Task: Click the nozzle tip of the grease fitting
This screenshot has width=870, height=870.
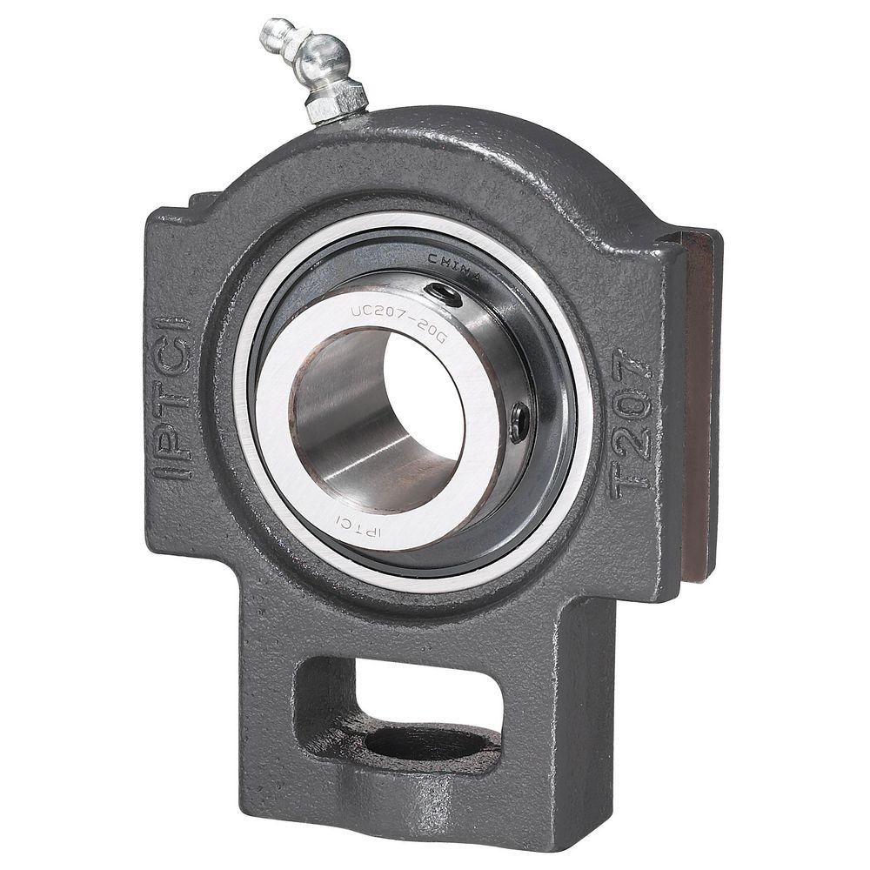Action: coord(271,32)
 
